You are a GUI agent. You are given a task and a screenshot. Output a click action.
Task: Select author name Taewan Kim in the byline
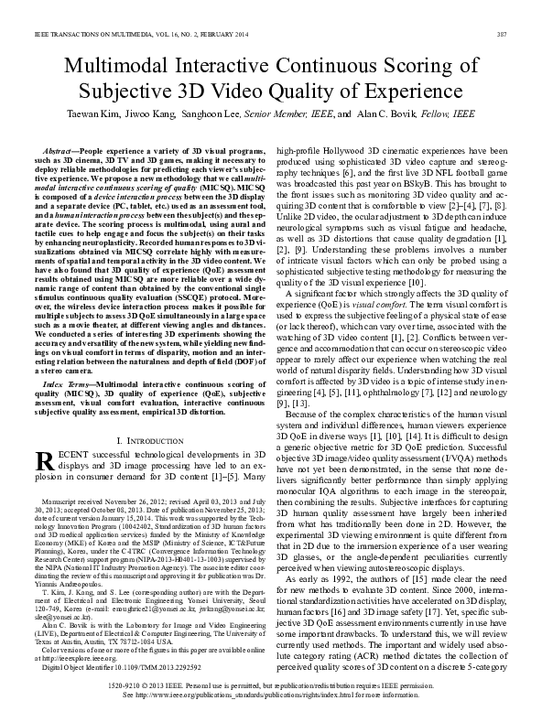pyautogui.click(x=93, y=114)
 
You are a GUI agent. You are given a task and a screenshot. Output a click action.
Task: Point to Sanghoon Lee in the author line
pyautogui.click(x=204, y=114)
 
